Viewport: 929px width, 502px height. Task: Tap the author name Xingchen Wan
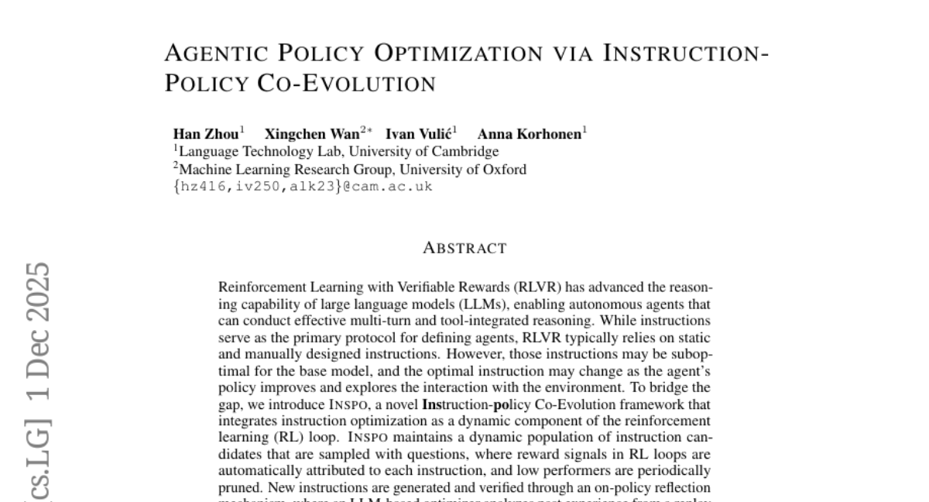[312, 134]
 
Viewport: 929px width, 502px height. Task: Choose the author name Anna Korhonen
[529, 134]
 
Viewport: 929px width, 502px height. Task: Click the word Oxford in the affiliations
[504, 170]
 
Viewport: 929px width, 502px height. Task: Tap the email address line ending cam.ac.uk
[303, 187]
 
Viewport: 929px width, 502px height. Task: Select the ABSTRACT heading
[464, 249]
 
